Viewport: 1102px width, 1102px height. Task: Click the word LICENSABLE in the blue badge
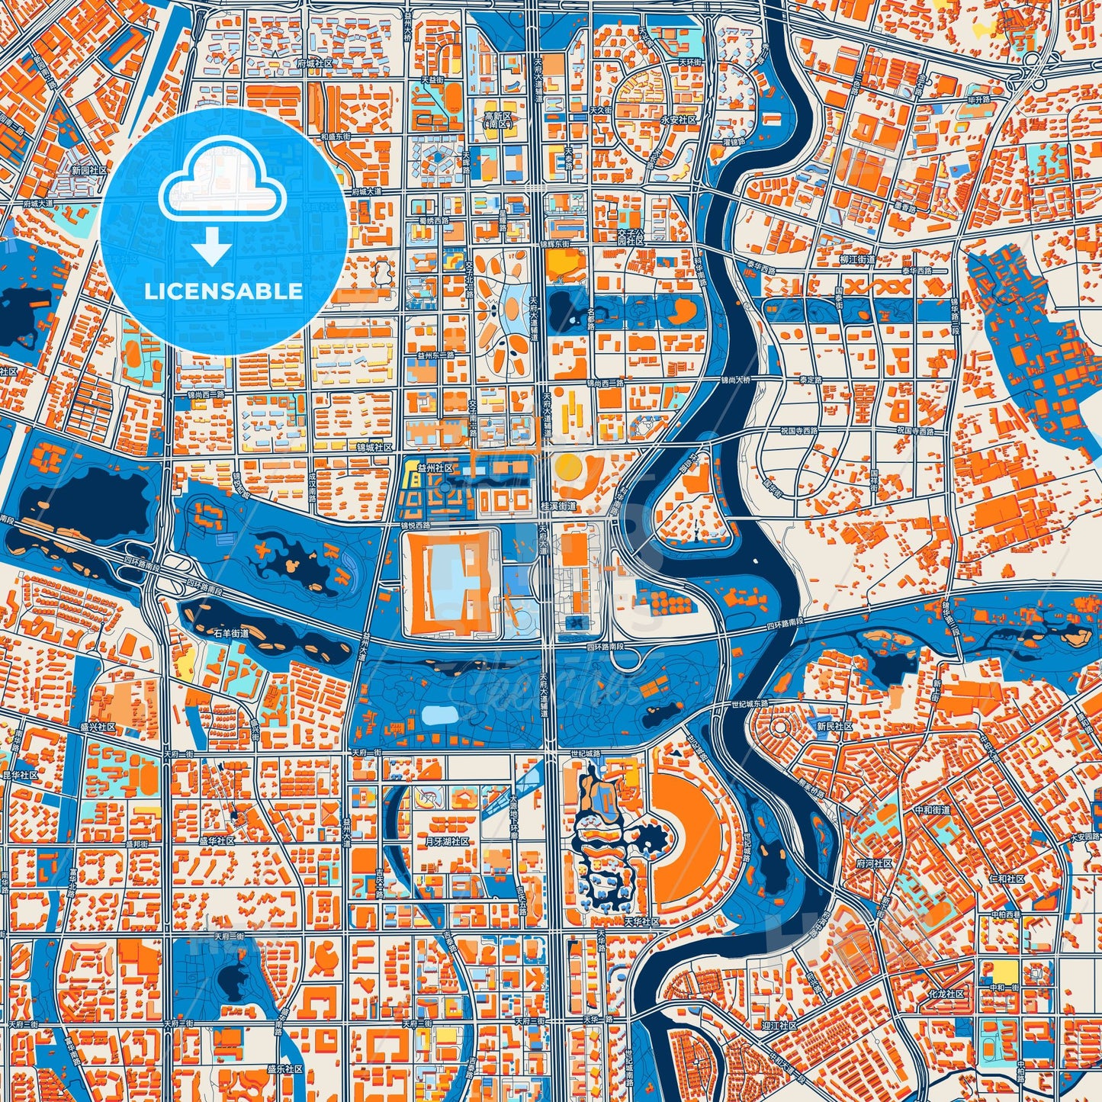click(x=223, y=291)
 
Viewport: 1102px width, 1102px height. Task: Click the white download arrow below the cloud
click(x=212, y=245)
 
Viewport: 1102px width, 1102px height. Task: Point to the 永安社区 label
click(x=678, y=120)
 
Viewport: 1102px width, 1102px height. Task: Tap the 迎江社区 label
click(x=779, y=1026)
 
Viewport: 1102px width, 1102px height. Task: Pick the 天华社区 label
click(x=641, y=921)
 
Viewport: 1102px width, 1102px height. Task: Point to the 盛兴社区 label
click(x=98, y=728)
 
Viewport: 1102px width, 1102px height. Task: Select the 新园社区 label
click(x=88, y=171)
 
